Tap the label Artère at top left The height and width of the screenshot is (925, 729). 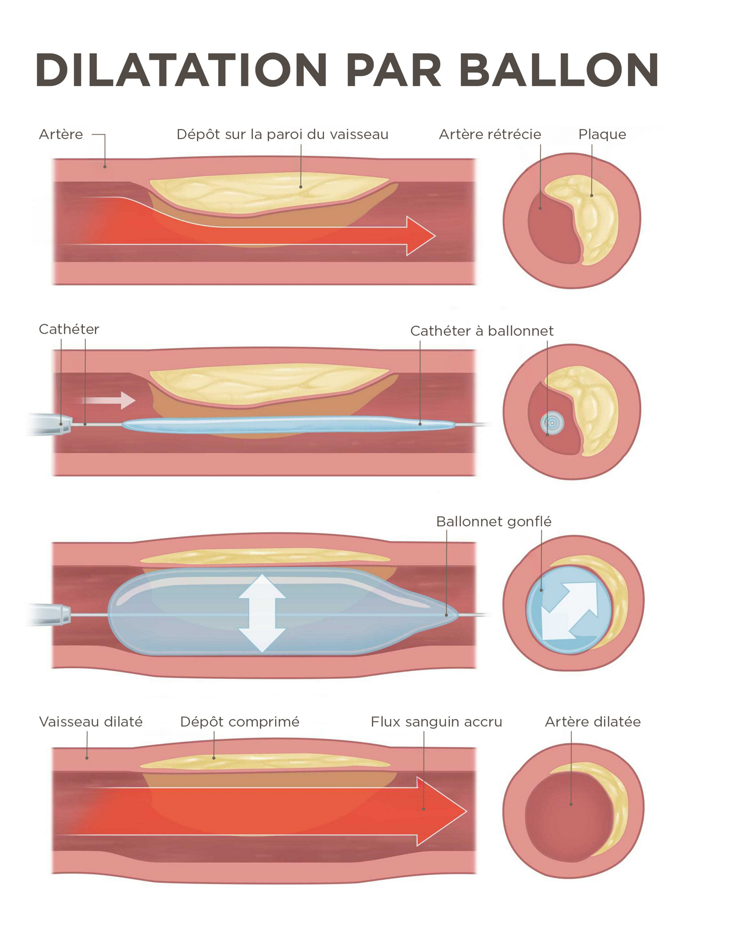(x=61, y=134)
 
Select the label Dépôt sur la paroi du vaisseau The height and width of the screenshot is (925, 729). (x=282, y=134)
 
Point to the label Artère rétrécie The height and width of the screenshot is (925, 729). (x=489, y=134)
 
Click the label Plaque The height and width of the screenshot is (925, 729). (x=601, y=134)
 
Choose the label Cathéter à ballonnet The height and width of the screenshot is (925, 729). (x=481, y=331)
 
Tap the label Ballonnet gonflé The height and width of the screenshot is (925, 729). (x=493, y=521)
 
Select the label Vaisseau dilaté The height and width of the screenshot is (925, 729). (x=91, y=722)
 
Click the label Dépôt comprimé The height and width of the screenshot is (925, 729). (x=239, y=722)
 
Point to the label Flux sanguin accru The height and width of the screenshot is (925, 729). (x=436, y=722)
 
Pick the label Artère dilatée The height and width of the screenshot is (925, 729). (x=592, y=722)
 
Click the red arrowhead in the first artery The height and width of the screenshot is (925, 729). (x=420, y=236)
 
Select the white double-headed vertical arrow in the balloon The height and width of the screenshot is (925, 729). (x=262, y=612)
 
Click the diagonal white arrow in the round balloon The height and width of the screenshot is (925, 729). (x=569, y=611)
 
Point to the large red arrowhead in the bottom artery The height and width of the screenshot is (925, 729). (x=441, y=811)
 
